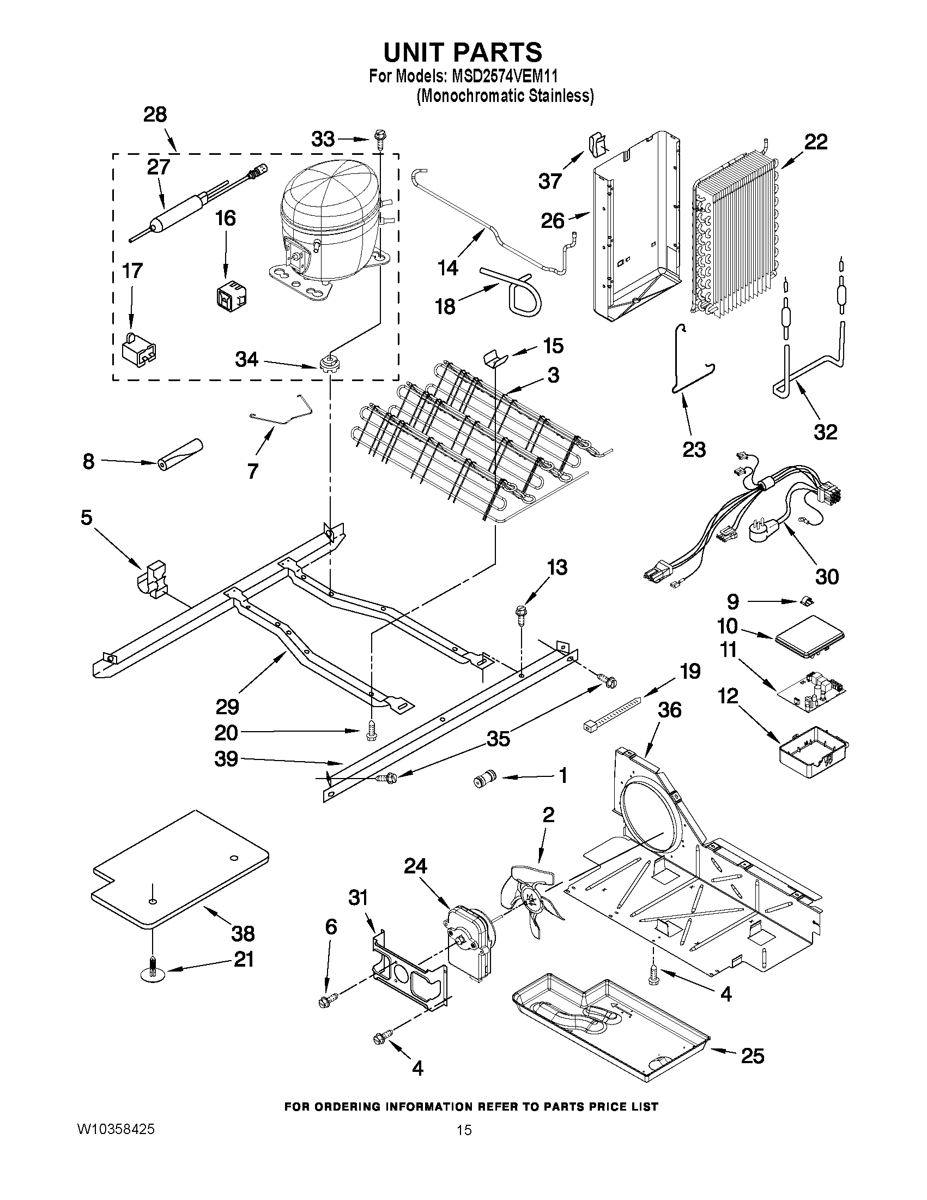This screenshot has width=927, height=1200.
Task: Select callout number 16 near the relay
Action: tap(226, 219)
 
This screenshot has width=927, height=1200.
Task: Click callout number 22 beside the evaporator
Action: tap(816, 142)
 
